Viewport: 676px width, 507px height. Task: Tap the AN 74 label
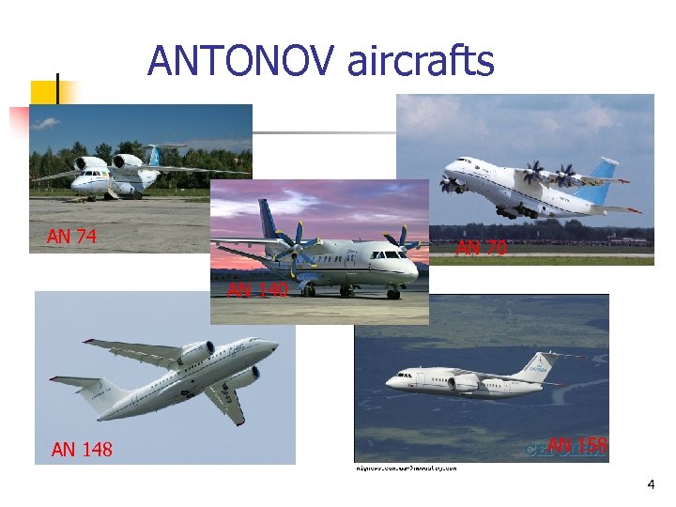tap(71, 238)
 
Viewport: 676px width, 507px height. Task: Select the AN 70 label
tap(481, 248)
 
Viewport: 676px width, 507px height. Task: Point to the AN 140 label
tap(256, 290)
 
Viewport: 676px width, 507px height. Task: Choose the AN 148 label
tap(82, 450)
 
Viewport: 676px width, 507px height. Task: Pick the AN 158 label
tap(577, 444)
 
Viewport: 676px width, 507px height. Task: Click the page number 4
tap(650, 484)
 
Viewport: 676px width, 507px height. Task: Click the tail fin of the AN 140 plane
tap(267, 218)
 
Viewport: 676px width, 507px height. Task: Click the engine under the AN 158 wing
tap(464, 383)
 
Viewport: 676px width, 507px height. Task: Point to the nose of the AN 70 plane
tap(448, 170)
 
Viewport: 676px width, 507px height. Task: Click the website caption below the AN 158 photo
tap(406, 467)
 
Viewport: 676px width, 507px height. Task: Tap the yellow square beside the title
tap(44, 92)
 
